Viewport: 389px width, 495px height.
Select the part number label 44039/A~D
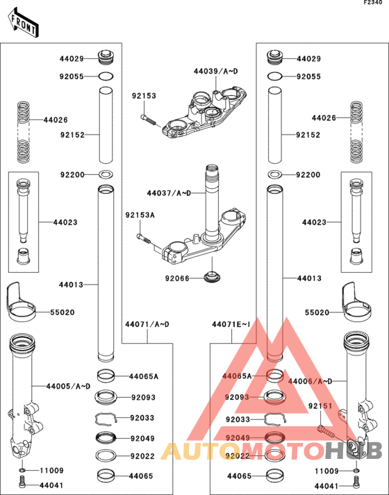coord(215,72)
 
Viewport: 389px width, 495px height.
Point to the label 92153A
coord(140,216)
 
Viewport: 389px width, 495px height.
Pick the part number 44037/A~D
coord(168,192)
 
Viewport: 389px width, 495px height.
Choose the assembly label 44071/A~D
coord(147,324)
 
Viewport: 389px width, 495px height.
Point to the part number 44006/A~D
coord(311,381)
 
